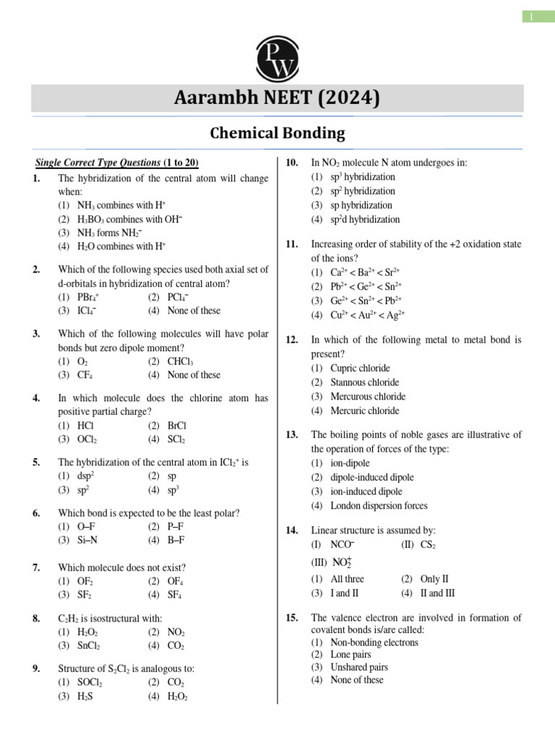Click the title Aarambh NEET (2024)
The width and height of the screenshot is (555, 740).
(277, 98)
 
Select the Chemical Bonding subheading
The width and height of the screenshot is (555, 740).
(277, 134)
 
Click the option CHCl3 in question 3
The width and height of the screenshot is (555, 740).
(180, 361)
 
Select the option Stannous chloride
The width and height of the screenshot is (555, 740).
(364, 382)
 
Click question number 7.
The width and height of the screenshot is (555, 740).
(37, 567)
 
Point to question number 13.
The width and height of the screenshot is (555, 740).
(292, 435)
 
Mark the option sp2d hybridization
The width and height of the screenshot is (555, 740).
(365, 220)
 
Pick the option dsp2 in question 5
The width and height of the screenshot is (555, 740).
(86, 476)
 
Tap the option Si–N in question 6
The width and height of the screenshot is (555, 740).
(87, 541)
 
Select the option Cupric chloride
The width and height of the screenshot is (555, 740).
(360, 368)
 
